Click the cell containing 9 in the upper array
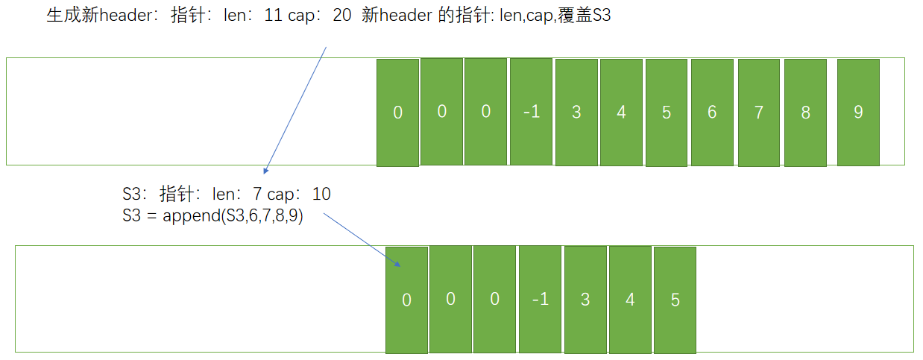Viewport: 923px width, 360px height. click(x=858, y=113)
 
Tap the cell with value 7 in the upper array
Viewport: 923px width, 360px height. click(x=759, y=113)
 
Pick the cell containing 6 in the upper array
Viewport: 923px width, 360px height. click(x=712, y=113)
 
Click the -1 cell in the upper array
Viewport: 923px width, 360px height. click(x=531, y=113)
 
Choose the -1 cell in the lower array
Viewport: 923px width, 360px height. click(x=540, y=300)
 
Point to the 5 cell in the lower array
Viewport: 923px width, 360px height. click(x=675, y=300)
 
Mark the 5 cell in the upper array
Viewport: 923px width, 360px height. click(x=667, y=113)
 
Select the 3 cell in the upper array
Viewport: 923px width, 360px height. click(x=576, y=113)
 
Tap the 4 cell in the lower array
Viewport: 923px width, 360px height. click(x=630, y=300)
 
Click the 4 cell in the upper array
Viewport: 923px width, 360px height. click(x=621, y=113)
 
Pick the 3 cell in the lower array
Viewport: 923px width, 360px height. click(x=585, y=300)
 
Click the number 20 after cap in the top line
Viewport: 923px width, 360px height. click(x=342, y=16)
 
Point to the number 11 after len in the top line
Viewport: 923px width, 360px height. click(x=273, y=16)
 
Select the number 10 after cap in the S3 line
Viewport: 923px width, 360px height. click(x=321, y=195)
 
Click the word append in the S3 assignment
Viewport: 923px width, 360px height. click(x=186, y=217)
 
